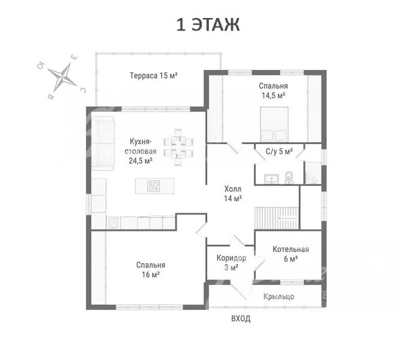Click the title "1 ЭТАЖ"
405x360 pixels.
point(208,25)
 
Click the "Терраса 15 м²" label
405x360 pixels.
point(154,76)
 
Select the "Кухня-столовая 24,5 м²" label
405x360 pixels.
point(140,151)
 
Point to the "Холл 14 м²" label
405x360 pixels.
point(233,194)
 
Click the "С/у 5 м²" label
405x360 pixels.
point(279,151)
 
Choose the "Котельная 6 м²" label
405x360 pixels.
point(291,254)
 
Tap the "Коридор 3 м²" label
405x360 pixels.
point(231,263)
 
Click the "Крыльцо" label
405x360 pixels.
point(278,296)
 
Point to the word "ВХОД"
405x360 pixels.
point(241,319)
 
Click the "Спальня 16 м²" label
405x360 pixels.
point(151,269)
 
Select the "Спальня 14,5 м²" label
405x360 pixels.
point(273,91)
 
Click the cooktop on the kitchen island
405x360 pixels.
point(154,186)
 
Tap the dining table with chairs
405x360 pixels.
point(178,147)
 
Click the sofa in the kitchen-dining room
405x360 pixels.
point(103,143)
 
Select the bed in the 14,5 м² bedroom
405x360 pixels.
point(274,124)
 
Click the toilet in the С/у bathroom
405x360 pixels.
point(289,177)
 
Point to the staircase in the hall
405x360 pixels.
point(277,218)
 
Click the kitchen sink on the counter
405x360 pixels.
point(113,223)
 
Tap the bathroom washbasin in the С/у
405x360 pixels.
point(271,179)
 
